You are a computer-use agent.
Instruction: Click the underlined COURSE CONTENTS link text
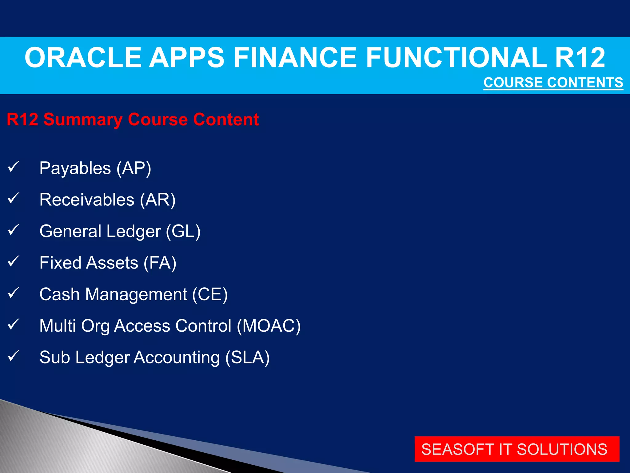[x=553, y=83]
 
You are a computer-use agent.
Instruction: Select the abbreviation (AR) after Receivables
[x=158, y=200]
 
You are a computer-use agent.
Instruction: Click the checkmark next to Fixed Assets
[x=14, y=261]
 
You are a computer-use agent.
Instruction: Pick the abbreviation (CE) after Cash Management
[x=210, y=294]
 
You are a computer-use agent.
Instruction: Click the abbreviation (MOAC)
[x=269, y=326]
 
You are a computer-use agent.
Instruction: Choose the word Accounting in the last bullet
[x=177, y=358]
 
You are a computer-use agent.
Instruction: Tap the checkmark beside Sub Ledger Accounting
[x=14, y=356]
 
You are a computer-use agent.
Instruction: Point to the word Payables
[x=75, y=168]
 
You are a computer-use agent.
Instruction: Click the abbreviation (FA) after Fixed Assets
[x=160, y=263]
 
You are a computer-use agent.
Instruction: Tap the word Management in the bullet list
[x=136, y=294]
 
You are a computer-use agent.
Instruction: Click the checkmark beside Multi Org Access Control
[x=14, y=324]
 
